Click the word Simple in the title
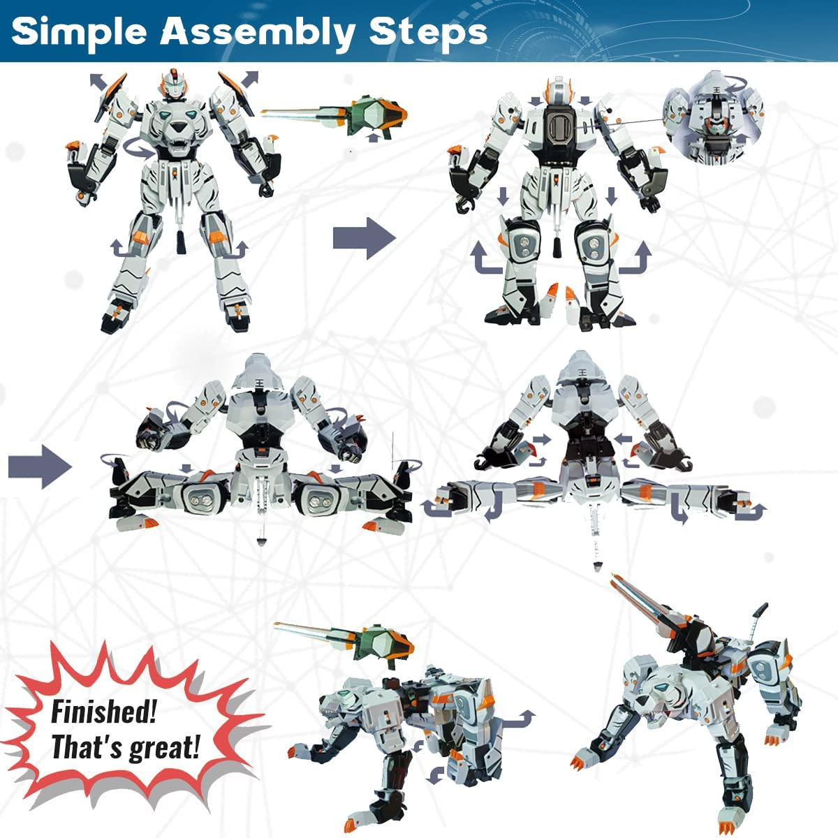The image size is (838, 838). [80, 32]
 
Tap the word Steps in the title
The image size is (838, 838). [427, 32]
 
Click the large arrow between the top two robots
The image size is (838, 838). [364, 238]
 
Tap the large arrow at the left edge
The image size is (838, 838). [40, 467]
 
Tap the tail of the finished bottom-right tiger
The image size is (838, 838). [756, 618]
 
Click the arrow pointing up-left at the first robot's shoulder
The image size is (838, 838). [99, 82]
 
